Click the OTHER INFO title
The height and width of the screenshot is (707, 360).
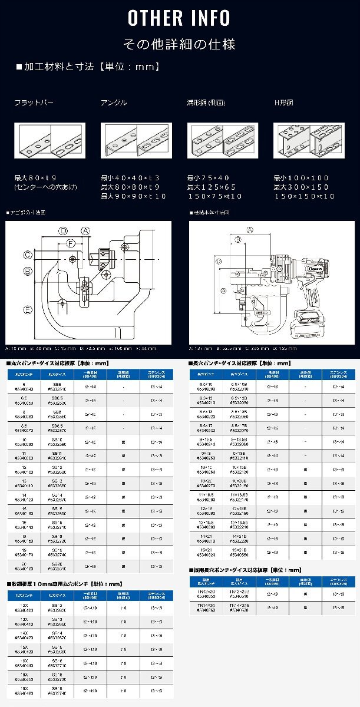[x=180, y=18]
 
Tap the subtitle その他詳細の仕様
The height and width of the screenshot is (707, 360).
[x=180, y=44]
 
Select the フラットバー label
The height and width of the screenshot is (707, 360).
[x=34, y=103]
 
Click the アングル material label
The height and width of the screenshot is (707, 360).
[x=114, y=103]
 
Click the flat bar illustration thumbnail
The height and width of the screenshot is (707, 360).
[x=49, y=140]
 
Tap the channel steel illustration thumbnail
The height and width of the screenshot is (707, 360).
[x=223, y=140]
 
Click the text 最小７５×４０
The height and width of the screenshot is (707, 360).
[x=208, y=177]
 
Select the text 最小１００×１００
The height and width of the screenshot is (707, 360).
[x=301, y=177]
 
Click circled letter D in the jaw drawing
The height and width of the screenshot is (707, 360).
[x=63, y=230]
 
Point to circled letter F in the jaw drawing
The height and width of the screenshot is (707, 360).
[x=71, y=243]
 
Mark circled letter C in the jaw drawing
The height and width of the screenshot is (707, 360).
[x=28, y=255]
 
